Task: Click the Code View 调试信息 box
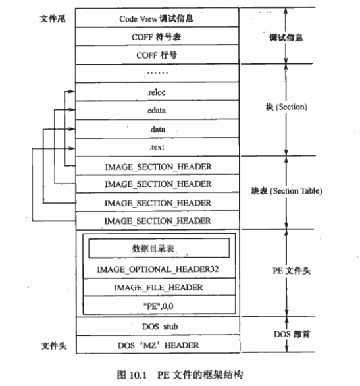[157, 18]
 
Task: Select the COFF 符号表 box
[157, 36]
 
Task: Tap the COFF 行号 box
[157, 55]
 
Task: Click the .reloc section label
[157, 92]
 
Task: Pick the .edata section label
[155, 110]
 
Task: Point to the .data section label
[157, 129]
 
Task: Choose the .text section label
[157, 147]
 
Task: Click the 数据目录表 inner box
[159, 248]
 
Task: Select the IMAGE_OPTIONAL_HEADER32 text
[158, 269]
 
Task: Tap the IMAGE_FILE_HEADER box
[159, 287]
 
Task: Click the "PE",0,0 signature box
[159, 305]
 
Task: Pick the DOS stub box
[158, 326]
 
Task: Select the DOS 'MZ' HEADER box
[158, 345]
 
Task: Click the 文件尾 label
[53, 18]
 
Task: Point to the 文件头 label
[54, 346]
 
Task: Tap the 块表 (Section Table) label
[286, 191]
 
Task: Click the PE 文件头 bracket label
[292, 271]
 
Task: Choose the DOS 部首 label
[292, 334]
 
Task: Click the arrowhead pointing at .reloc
[72, 92]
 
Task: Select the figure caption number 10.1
[138, 375]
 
